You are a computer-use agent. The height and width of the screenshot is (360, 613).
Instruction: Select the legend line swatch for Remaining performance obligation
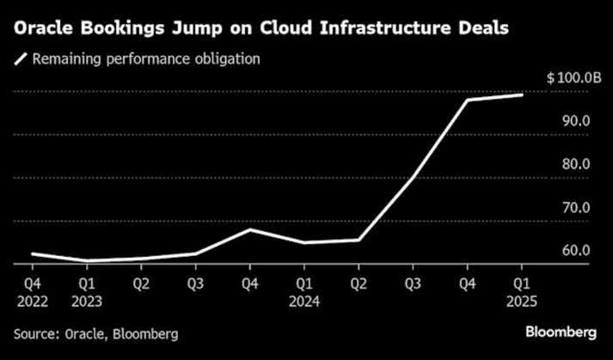(20, 60)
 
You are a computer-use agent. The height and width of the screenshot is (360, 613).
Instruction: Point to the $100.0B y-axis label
(573, 78)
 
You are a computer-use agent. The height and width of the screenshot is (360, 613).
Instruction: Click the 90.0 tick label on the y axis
(576, 121)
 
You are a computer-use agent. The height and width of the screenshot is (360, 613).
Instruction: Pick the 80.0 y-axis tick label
(576, 164)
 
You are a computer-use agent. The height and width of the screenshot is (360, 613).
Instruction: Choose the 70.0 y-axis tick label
(576, 208)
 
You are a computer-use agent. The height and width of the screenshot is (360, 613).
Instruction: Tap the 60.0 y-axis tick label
(576, 251)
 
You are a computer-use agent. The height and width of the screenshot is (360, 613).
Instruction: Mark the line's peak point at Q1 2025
(522, 95)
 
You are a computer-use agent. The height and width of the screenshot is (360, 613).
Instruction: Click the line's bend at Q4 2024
(468, 100)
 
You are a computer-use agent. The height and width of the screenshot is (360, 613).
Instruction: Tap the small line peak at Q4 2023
(249, 229)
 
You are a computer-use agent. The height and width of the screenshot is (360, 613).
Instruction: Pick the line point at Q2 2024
(359, 240)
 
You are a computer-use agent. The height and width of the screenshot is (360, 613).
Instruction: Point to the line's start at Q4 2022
(32, 253)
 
